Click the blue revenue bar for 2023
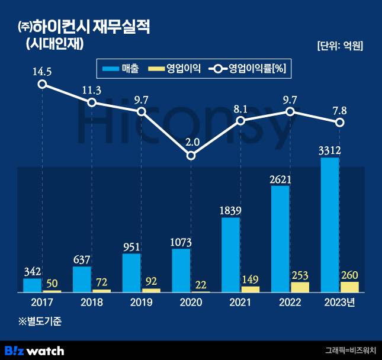pos(330,225)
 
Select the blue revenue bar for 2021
pos(231,255)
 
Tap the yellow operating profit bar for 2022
pos(300,287)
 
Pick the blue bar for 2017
pos(33,285)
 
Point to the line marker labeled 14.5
pos(42,84)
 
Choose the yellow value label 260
pos(349,274)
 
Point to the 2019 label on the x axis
pos(141,302)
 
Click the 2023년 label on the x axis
pos(339,302)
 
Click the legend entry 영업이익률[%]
pos(257,69)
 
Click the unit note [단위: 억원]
pos(339,46)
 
